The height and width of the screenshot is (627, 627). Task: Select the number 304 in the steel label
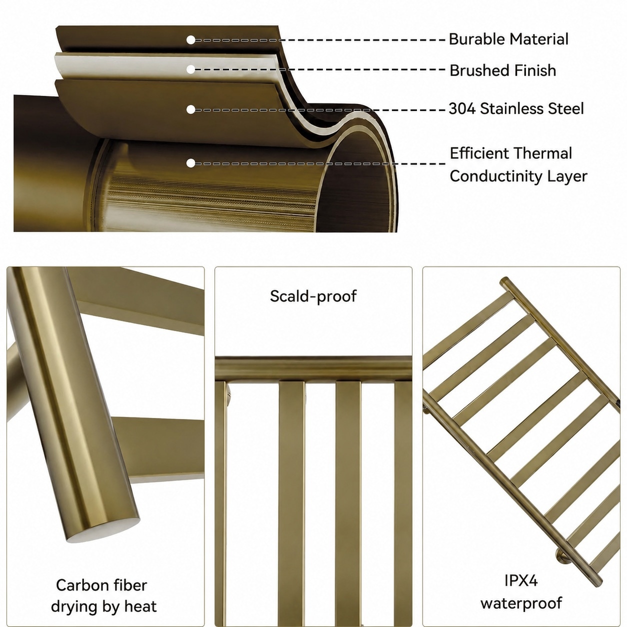pyautogui.click(x=462, y=108)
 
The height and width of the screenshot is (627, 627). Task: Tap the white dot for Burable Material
pyautogui.click(x=191, y=40)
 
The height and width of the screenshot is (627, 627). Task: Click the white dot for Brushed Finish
pyautogui.click(x=191, y=69)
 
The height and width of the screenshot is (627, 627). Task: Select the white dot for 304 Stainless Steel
pyautogui.click(x=191, y=109)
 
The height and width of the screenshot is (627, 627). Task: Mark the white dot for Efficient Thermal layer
pyautogui.click(x=191, y=163)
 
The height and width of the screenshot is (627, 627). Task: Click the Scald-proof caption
pyautogui.click(x=313, y=296)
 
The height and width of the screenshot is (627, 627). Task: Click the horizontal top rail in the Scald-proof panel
pyautogui.click(x=313, y=368)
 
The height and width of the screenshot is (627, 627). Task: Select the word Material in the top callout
pyautogui.click(x=538, y=39)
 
